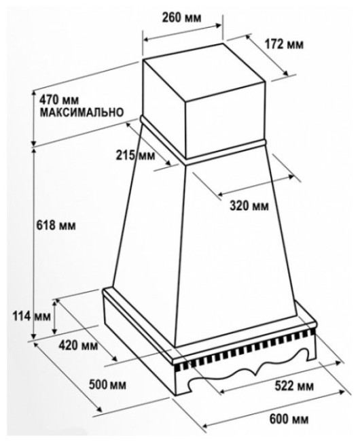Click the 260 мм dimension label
(182, 18)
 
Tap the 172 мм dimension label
(285, 44)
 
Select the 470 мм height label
(59, 100)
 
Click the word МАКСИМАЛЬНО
(82, 112)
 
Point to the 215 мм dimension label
(135, 155)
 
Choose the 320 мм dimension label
(249, 206)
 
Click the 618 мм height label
(56, 225)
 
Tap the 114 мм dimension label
(31, 317)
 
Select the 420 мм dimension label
(78, 345)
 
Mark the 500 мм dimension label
(107, 384)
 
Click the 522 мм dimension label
(294, 386)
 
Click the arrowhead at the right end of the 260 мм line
(219, 25)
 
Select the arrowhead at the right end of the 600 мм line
(342, 392)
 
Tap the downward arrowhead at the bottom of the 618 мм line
(34, 336)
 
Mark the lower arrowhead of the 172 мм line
(286, 73)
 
